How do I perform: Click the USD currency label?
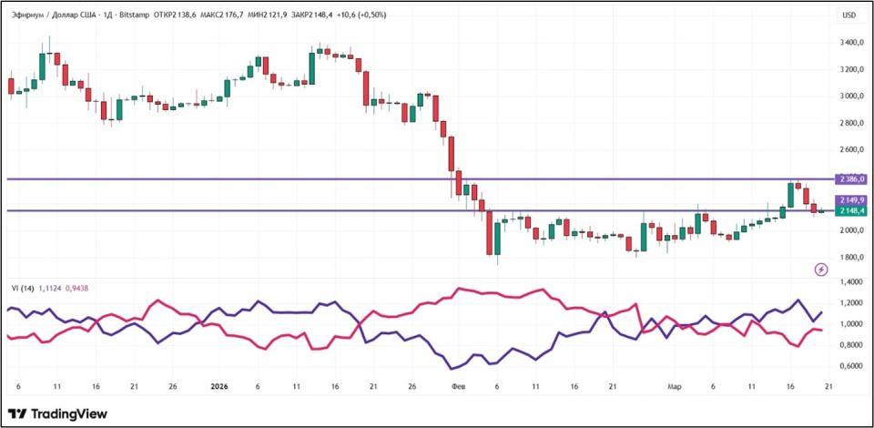coord(849,15)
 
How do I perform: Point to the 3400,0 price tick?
coord(852,43)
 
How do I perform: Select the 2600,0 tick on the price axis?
coord(852,149)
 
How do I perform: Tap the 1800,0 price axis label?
coord(852,257)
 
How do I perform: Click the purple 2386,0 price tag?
coord(852,179)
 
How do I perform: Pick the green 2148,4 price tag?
coord(852,211)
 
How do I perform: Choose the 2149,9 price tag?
coord(852,199)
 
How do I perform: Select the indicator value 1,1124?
coord(51,288)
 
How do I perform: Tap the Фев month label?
coord(457,387)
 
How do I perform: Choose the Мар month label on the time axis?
coord(674,387)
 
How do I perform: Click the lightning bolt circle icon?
coord(822,270)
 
